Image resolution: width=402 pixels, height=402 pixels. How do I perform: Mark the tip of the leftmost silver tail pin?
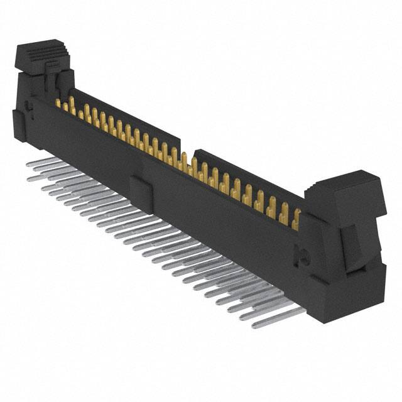[x=30, y=163]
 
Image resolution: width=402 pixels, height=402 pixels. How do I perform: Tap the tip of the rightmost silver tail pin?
[x=256, y=325]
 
